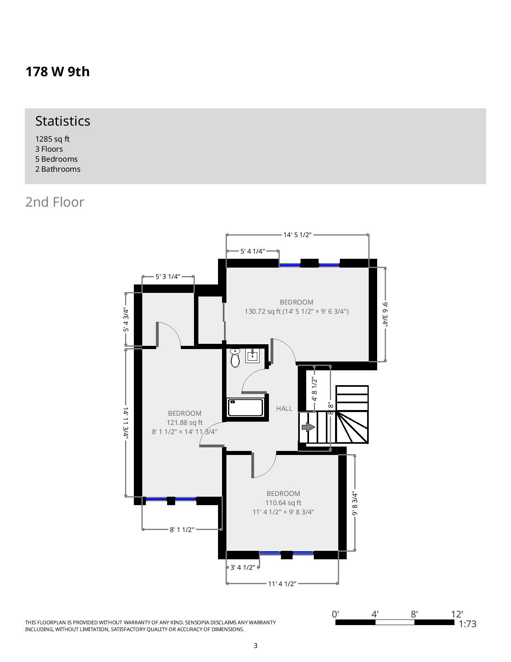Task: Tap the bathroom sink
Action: tap(252, 356)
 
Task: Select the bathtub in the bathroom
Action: tap(245, 407)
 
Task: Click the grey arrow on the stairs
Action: tap(308, 427)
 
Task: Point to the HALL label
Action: tap(284, 408)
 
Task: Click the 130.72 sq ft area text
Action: tap(263, 311)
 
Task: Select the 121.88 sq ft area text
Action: tap(184, 422)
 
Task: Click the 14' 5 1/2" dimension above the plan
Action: tap(297, 235)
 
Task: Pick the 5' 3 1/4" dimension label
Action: tap(168, 276)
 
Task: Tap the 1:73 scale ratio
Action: tap(467, 624)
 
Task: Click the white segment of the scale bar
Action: tap(395, 622)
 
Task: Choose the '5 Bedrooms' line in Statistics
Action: tap(56, 159)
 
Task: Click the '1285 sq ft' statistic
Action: tap(53, 139)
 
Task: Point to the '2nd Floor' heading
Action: tap(55, 202)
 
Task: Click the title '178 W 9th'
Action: tap(58, 71)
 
